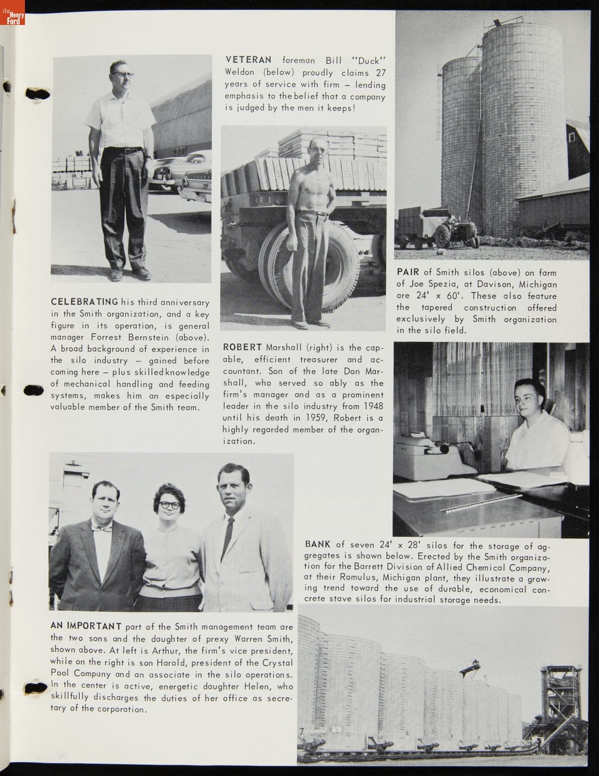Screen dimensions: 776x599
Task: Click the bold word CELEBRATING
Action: pos(84,302)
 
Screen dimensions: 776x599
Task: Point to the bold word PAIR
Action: pos(408,272)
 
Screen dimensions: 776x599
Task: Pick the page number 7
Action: pos(301,732)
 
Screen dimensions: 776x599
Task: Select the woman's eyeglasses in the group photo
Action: pos(170,505)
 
